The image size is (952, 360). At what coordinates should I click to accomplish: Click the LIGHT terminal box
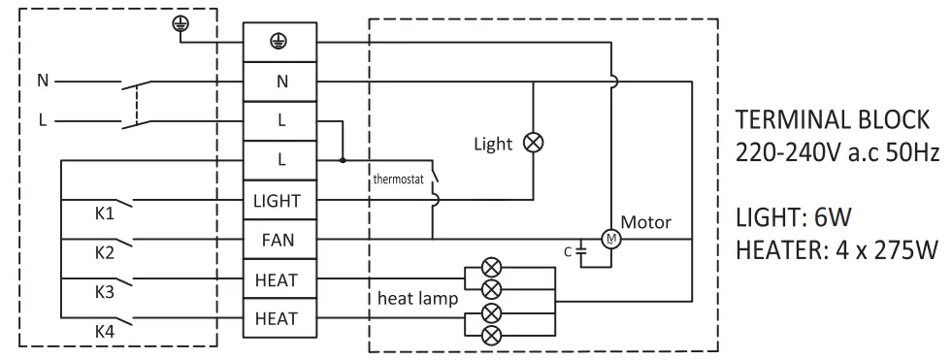(277, 201)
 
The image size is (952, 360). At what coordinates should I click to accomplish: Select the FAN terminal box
(277, 240)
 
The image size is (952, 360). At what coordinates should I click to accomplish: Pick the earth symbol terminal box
(277, 42)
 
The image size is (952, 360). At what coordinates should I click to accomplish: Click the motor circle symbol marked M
(609, 239)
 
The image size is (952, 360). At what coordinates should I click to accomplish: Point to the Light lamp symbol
(533, 143)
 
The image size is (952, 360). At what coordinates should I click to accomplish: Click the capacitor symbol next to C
(581, 250)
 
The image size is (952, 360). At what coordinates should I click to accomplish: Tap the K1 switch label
(104, 213)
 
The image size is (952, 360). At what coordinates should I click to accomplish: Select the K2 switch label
(104, 252)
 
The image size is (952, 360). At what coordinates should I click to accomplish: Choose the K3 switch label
(104, 291)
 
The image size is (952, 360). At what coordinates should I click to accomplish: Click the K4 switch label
(104, 331)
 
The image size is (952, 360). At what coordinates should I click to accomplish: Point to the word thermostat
(399, 180)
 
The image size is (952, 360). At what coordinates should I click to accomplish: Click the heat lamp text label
(417, 299)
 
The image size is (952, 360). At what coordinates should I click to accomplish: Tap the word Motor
(645, 222)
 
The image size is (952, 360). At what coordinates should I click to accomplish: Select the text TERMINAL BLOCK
(833, 120)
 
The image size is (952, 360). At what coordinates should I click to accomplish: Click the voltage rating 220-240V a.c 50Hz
(837, 153)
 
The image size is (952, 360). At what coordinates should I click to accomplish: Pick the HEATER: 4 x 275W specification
(837, 250)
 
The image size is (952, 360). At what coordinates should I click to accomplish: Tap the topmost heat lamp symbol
(492, 267)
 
